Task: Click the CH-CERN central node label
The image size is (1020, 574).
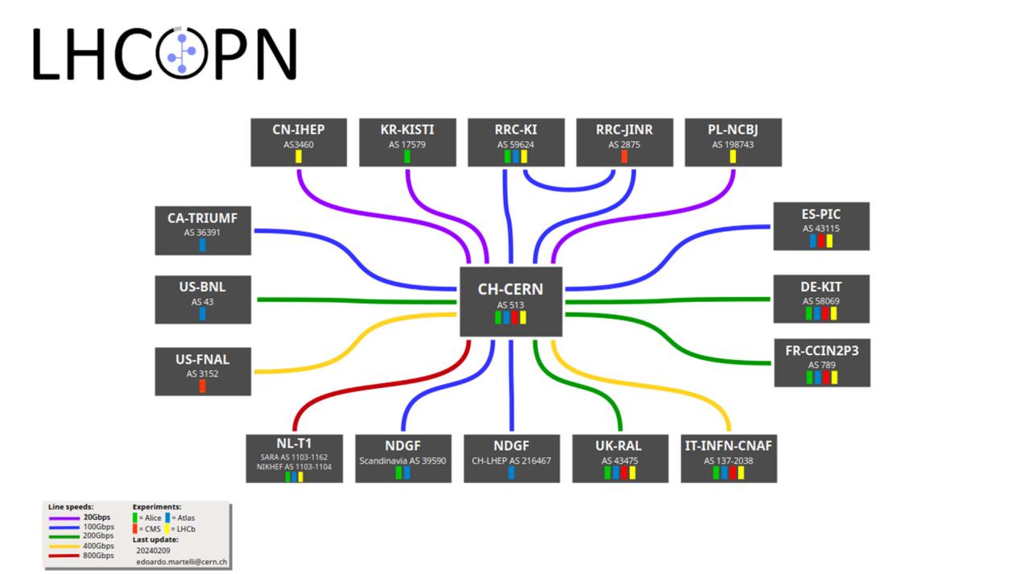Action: coord(510,289)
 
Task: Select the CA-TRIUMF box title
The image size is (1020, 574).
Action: coord(202,217)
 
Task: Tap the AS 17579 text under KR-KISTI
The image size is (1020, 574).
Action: coord(407,145)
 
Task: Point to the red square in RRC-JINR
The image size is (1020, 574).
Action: coord(624,156)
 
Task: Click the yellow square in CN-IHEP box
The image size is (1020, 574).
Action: coord(298,156)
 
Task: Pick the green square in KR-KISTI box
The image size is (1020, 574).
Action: coord(407,156)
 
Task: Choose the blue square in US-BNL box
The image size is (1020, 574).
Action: coord(202,313)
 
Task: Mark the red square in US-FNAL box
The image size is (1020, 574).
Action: coord(202,386)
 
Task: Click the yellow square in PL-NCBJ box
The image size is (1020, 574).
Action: coord(733,156)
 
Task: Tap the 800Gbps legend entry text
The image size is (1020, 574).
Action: coord(98,555)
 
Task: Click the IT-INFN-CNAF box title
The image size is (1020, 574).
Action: coord(729,446)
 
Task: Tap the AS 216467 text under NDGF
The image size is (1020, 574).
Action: coord(511,461)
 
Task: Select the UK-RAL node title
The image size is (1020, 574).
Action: coord(620,446)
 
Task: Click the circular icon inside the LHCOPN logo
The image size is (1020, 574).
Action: coord(184,55)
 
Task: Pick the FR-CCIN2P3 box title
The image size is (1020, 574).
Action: coord(821,350)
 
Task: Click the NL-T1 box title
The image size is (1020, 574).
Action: coord(294,443)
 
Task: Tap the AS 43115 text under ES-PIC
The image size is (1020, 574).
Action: coord(821,229)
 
